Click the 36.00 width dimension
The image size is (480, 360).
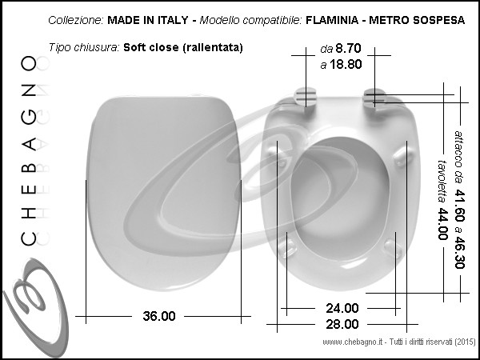(x=159, y=316)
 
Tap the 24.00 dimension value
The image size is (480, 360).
(x=342, y=308)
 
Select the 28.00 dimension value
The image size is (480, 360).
(x=342, y=324)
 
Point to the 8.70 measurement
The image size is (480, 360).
(x=348, y=48)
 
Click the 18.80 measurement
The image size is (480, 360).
(x=346, y=65)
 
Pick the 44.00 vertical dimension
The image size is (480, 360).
(x=442, y=224)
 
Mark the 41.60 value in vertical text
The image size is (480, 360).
(x=459, y=205)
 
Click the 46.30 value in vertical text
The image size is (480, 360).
(x=459, y=252)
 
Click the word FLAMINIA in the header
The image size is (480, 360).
(x=332, y=20)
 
